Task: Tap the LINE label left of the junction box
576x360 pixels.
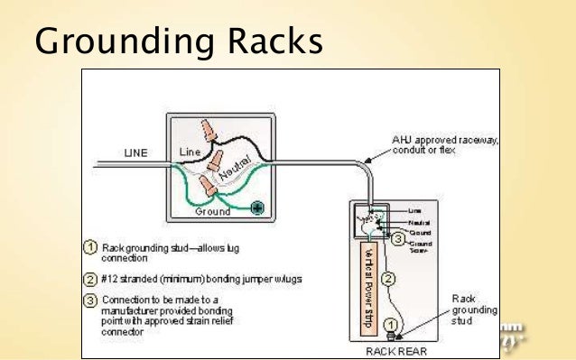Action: pos(135,152)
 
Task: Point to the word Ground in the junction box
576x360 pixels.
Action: pos(212,213)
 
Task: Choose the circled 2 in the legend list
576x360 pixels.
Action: pos(90,279)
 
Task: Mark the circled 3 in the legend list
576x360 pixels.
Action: pos(90,299)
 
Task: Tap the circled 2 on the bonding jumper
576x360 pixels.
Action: pos(386,278)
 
